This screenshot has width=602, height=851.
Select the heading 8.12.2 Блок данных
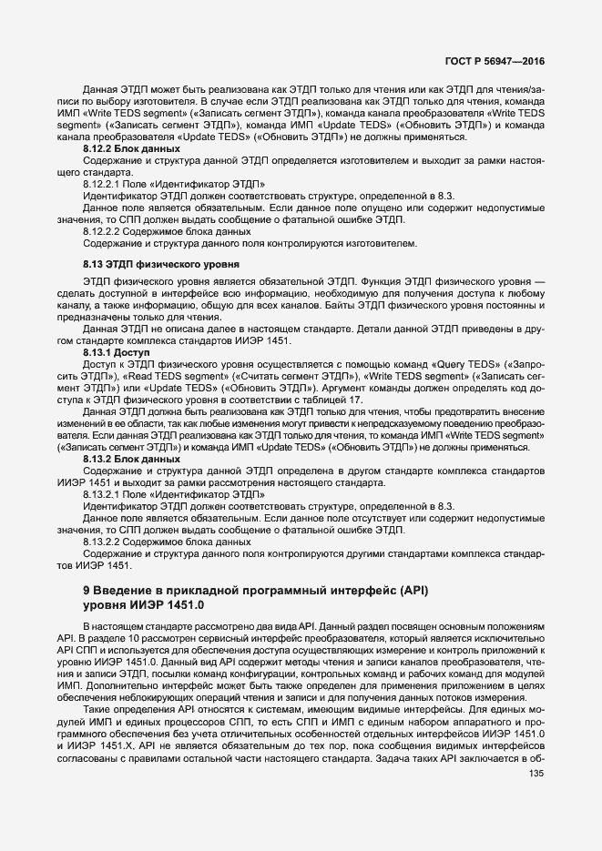[131, 148]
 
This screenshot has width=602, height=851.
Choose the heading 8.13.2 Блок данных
[131, 460]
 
